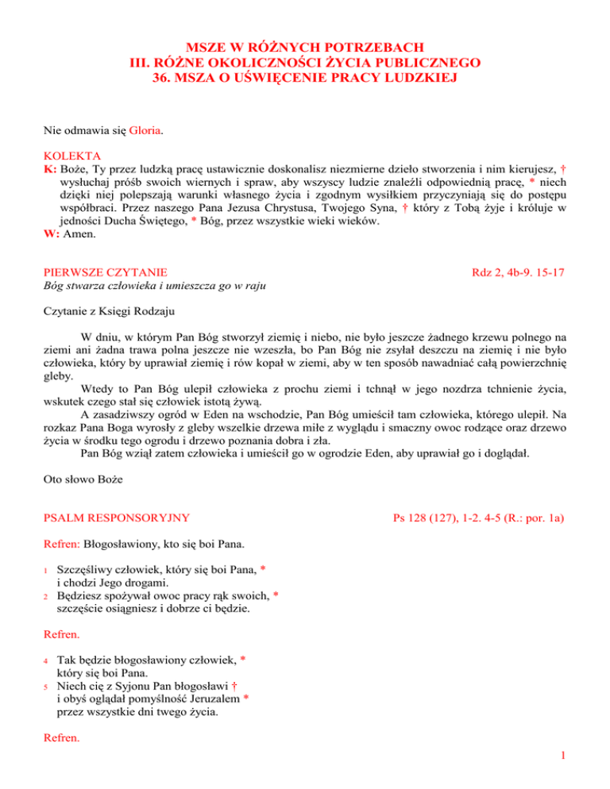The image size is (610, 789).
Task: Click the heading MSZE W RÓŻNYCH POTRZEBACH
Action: (x=305, y=46)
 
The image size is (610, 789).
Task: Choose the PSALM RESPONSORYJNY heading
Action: (x=116, y=518)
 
